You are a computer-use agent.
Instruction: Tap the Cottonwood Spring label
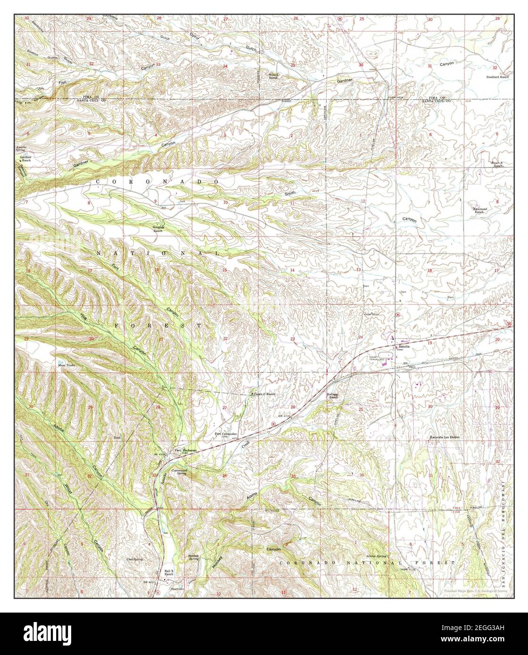[x=183, y=473]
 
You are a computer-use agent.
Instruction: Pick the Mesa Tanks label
[x=66, y=364]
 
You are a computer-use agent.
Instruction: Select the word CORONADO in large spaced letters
[x=157, y=181]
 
